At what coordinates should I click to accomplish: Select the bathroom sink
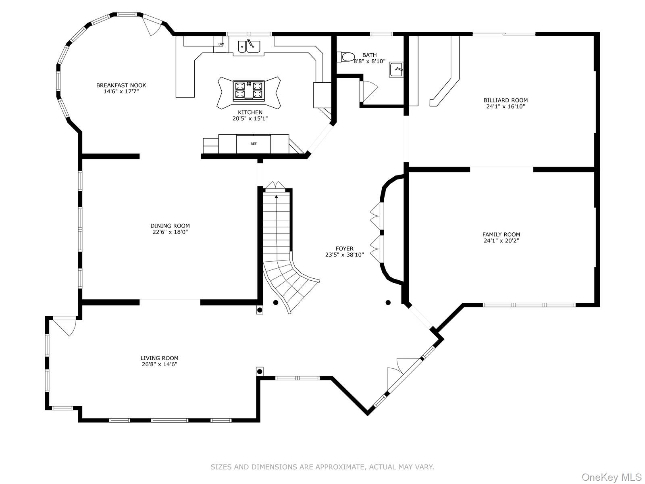396,70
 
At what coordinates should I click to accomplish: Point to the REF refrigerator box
254,144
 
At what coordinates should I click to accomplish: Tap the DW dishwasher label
221,44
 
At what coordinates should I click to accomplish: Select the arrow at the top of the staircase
276,196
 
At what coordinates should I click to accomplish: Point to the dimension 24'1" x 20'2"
501,241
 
